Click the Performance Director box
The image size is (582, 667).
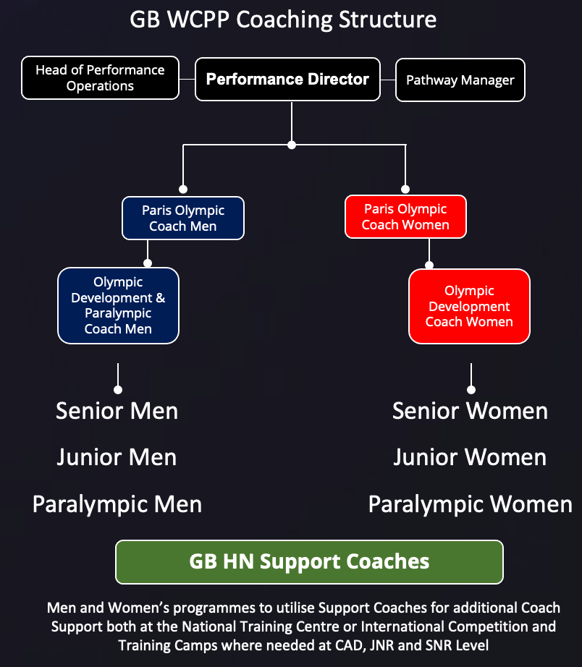(x=287, y=80)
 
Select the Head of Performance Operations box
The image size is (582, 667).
(x=100, y=78)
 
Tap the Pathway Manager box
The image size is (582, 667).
(x=460, y=80)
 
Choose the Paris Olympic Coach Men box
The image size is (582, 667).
(x=183, y=218)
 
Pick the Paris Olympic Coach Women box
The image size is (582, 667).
(x=405, y=216)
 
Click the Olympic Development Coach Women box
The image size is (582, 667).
(x=469, y=306)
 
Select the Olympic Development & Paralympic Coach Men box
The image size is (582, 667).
(x=118, y=305)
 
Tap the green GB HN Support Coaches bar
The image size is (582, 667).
(x=309, y=561)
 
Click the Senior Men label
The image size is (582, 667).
(x=117, y=411)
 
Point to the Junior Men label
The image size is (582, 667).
(x=117, y=457)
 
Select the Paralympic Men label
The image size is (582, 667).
(x=117, y=504)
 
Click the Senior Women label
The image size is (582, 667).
(x=470, y=411)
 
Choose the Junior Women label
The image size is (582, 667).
(x=470, y=457)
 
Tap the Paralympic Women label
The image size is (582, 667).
(x=470, y=504)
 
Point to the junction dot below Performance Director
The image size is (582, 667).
(x=292, y=145)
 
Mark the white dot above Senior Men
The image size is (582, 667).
(x=118, y=390)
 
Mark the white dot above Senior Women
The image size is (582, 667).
(x=471, y=390)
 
